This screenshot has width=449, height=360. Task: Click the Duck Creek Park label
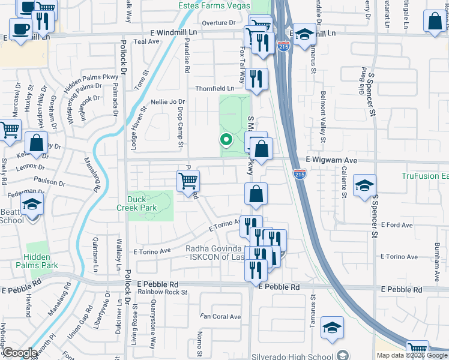point(142,203)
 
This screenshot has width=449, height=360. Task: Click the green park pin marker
point(226,140)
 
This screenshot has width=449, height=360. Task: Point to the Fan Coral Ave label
point(220,317)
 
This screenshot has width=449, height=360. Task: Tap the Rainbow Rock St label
point(162,292)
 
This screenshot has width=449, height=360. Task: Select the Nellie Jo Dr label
point(167,102)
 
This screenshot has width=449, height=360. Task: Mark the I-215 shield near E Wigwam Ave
point(300,173)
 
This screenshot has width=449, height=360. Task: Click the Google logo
point(20,353)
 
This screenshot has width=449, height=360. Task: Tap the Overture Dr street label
point(218,23)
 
